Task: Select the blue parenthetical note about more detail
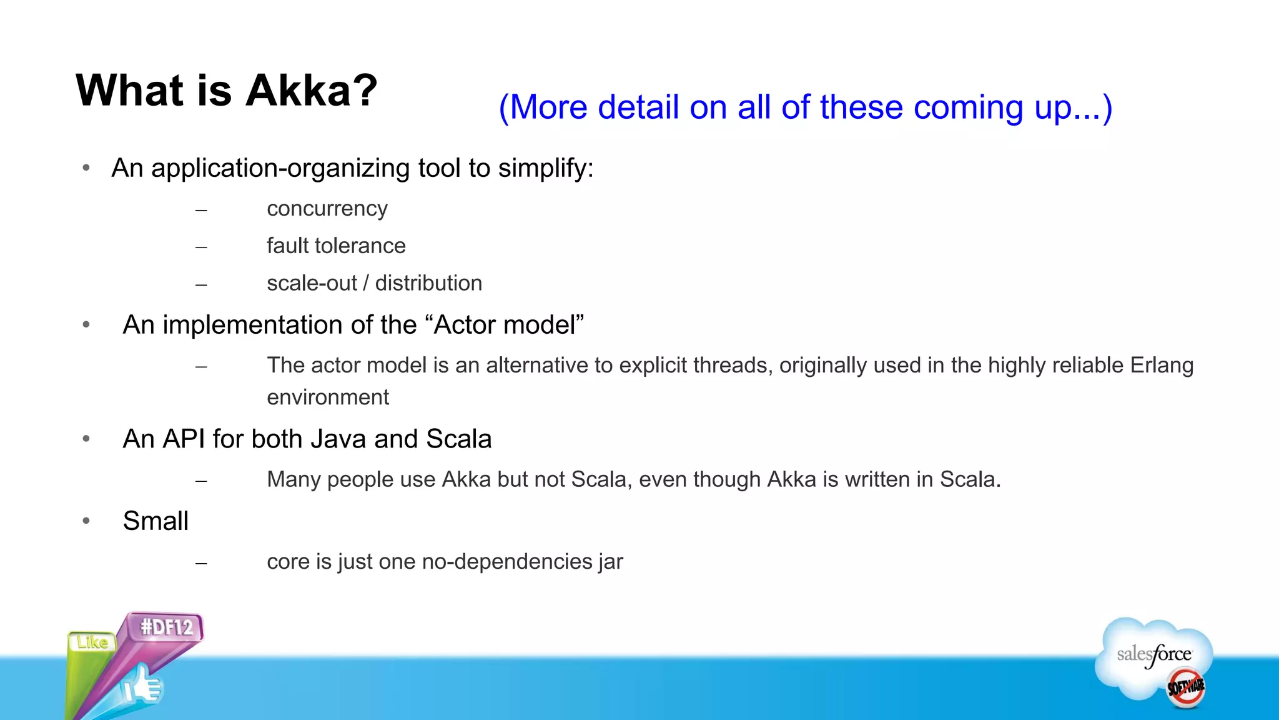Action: [x=805, y=107]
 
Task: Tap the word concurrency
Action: [x=327, y=209]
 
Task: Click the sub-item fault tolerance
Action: [x=336, y=246]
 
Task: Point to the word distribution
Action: [x=428, y=283]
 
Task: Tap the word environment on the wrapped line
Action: [x=328, y=397]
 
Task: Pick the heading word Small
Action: [x=156, y=521]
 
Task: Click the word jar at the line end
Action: [x=610, y=562]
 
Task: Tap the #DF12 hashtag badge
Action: [x=166, y=627]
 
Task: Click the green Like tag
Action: [x=92, y=642]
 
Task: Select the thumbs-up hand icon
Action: [x=142, y=686]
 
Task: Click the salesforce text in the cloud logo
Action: [x=1154, y=654]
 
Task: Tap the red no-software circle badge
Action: [x=1186, y=687]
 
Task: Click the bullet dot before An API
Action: [x=86, y=439]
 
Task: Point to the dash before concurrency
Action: [x=200, y=211]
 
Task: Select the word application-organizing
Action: [x=280, y=169]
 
